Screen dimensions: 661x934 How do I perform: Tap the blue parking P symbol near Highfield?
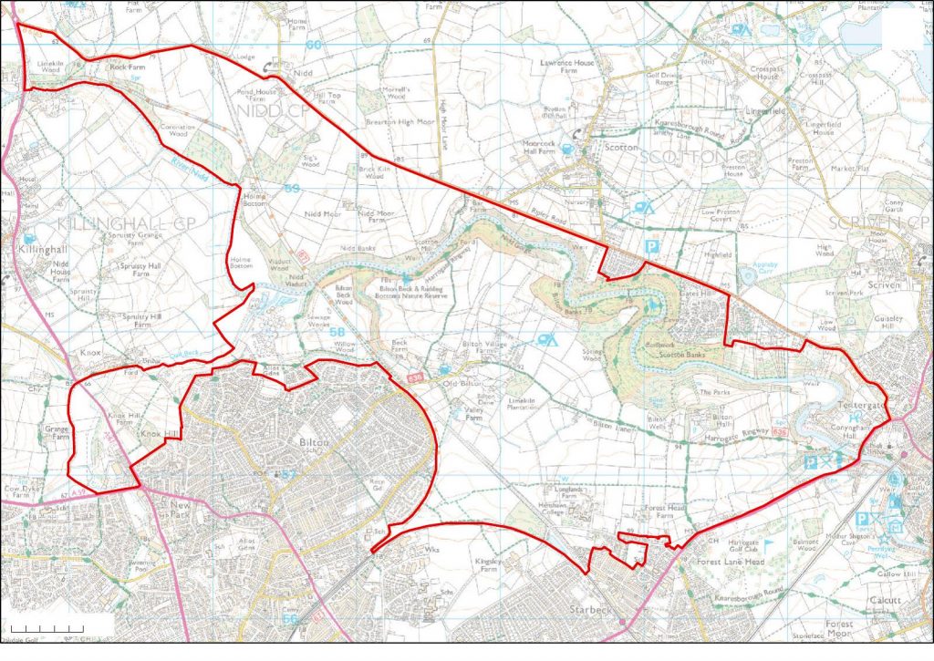(651, 246)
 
